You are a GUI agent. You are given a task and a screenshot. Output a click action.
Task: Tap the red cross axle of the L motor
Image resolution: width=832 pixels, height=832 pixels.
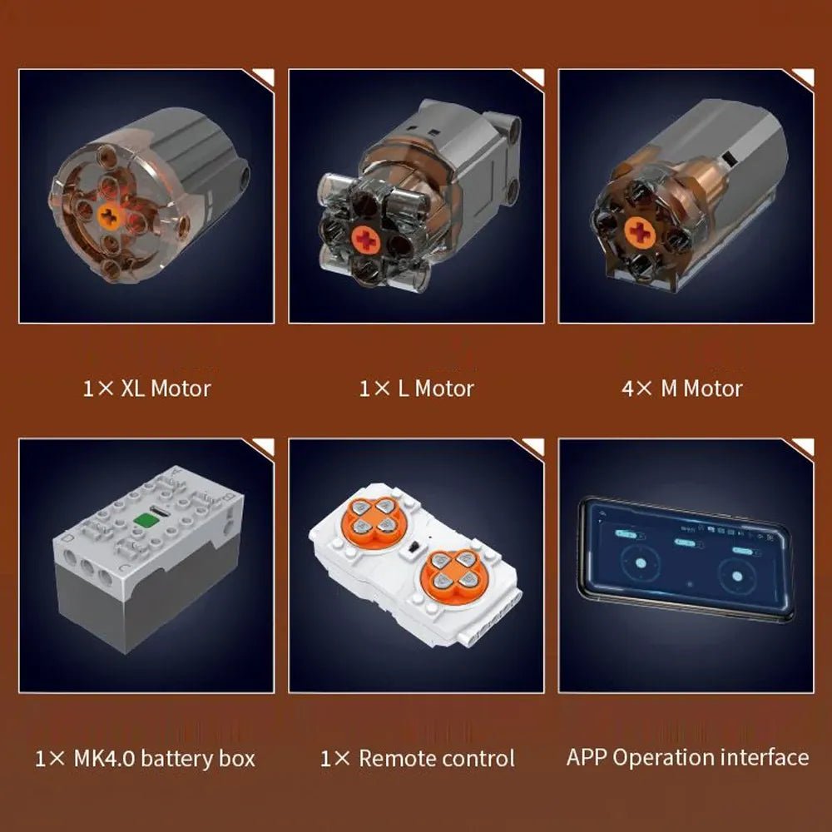point(366,240)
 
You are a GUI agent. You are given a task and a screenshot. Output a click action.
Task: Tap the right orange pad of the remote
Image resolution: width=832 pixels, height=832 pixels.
point(453,571)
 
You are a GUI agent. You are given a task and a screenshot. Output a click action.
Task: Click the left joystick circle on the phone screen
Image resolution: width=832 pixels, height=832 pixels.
point(641,562)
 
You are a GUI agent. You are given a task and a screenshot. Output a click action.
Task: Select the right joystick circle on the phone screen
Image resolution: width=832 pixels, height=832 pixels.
point(736,577)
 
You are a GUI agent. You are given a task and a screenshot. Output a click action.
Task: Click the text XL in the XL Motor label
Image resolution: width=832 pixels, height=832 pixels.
point(132,389)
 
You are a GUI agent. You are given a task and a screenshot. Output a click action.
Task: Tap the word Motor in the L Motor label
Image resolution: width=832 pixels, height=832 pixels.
point(444,389)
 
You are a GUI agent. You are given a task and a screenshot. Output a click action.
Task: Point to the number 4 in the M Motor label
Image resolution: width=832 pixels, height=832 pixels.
point(627,389)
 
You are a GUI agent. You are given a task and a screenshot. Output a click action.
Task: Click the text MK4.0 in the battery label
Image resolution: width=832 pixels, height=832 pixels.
point(104,758)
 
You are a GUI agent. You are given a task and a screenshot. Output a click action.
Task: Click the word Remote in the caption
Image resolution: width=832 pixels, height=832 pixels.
point(394,758)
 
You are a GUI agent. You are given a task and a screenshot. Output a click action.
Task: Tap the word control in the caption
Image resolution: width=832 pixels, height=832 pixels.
point(475,758)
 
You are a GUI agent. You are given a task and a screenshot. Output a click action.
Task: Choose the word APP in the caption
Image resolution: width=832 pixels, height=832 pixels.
point(587,757)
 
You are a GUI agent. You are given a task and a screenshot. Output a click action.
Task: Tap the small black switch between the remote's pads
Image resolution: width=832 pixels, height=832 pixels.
point(414,547)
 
